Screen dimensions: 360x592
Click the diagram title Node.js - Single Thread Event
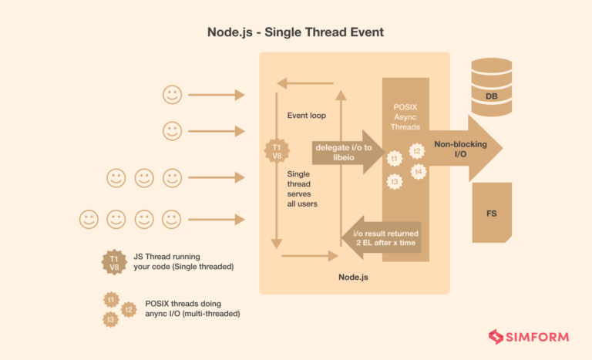295,32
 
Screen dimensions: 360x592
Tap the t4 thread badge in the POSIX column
418,171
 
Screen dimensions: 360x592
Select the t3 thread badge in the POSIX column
395,182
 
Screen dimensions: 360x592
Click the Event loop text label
307,116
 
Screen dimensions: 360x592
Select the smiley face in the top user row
172,95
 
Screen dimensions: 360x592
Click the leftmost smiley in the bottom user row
89,220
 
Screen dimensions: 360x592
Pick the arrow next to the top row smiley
217,95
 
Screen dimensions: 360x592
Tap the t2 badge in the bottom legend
129,310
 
